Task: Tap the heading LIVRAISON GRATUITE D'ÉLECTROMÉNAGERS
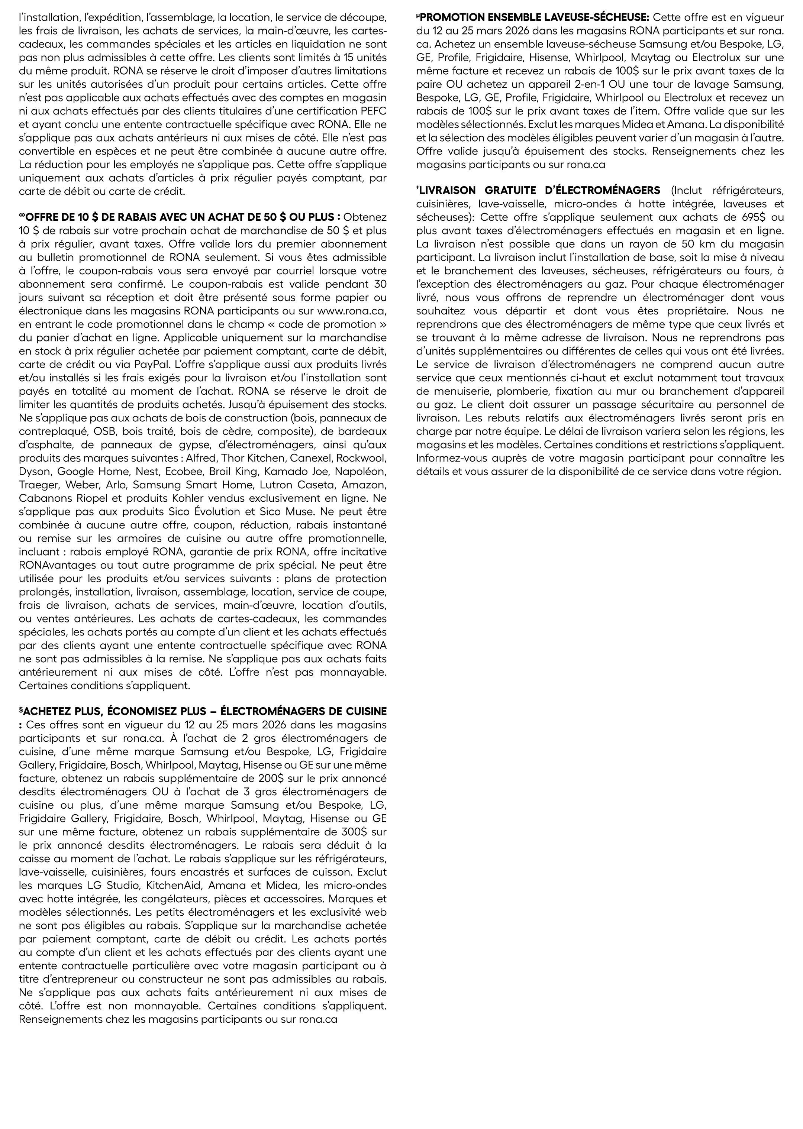tap(539, 190)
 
